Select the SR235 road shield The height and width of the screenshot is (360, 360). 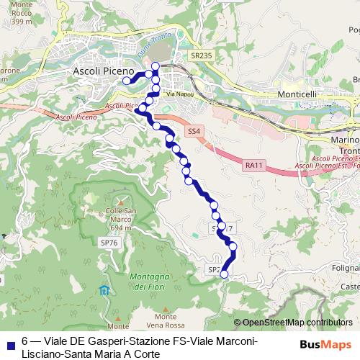click(202, 55)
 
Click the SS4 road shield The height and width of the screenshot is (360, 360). click(194, 131)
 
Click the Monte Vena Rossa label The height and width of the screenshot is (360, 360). click(166, 320)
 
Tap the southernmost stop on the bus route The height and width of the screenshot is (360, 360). click(224, 274)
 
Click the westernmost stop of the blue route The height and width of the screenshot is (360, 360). click(126, 81)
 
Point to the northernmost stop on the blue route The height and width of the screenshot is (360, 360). click(155, 66)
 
